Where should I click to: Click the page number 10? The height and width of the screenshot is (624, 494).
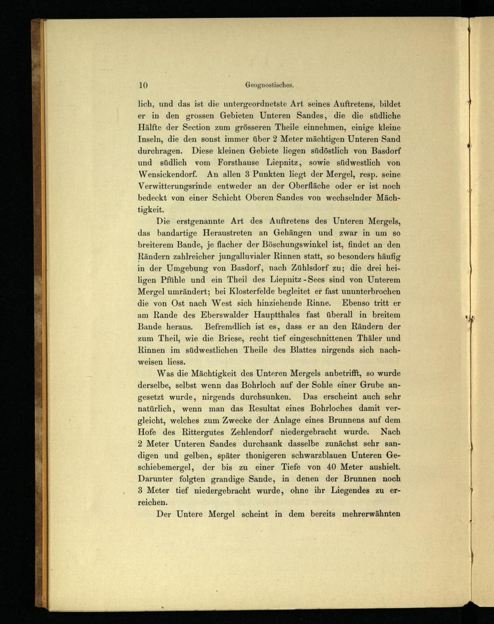pos(143,85)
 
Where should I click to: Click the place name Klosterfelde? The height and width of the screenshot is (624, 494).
pos(235,292)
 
